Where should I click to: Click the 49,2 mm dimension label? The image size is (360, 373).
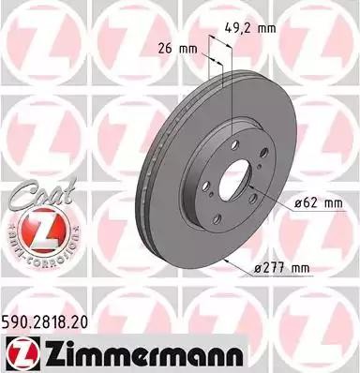pyautogui.click(x=255, y=28)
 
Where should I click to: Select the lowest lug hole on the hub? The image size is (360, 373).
pyautogui.click(x=217, y=219)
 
